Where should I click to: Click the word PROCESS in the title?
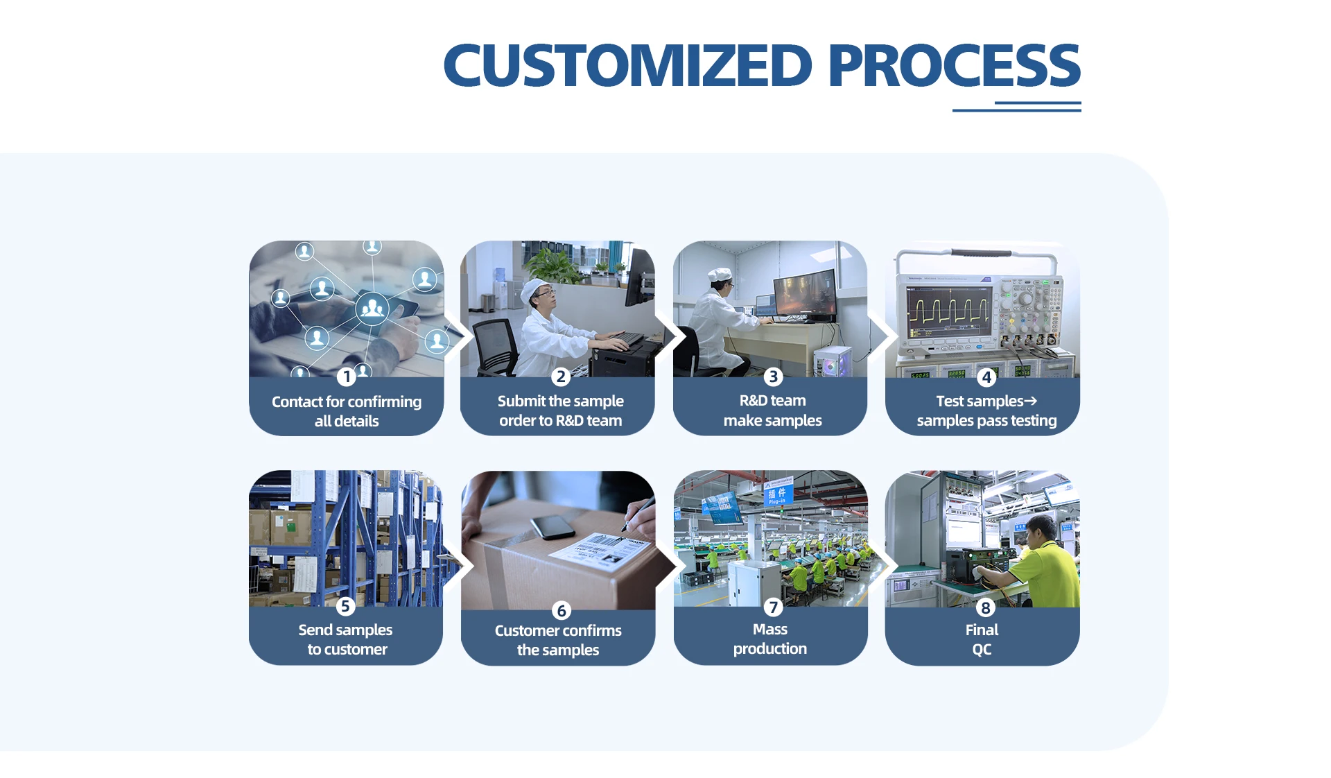coord(954,65)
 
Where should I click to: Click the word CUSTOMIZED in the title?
coord(627,65)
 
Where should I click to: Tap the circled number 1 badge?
coord(347,377)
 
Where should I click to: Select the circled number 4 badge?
coord(986,377)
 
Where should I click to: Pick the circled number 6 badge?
coord(562,610)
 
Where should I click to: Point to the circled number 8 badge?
coord(985,607)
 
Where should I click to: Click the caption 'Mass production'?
coord(770,639)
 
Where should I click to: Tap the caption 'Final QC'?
coord(982,639)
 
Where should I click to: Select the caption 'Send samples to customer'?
coord(346,639)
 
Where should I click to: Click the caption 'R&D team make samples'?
coord(772,410)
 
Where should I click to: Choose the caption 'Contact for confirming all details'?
coord(347,411)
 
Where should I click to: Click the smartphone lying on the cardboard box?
coord(553,528)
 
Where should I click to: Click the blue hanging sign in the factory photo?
coord(778,492)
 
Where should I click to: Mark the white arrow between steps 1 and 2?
coord(458,336)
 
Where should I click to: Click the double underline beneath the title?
coord(1017,107)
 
